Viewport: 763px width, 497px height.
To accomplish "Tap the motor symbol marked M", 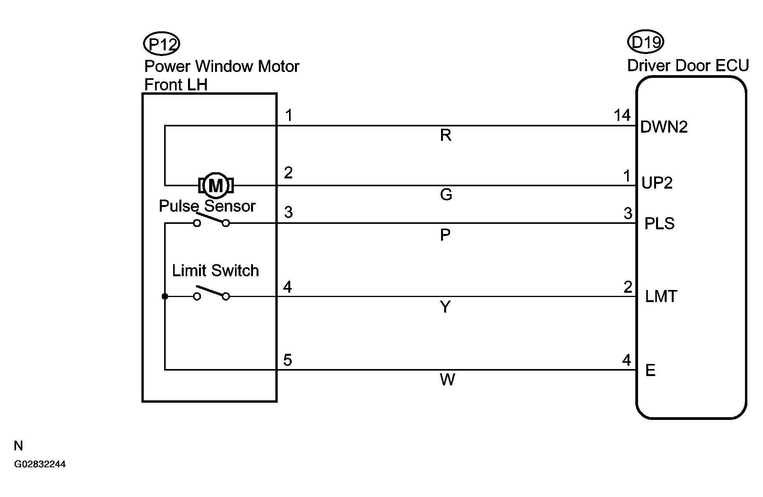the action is point(216,185).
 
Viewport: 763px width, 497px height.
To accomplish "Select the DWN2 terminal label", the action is point(664,127).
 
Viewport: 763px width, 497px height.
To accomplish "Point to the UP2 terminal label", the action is point(657,183).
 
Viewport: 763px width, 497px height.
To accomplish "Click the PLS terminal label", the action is point(660,223).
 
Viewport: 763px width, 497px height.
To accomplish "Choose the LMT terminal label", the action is point(661,297).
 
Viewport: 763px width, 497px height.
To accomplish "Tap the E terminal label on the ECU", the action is point(650,370).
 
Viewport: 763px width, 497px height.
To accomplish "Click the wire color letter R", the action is point(446,135).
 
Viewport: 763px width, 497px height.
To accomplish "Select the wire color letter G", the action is point(446,194).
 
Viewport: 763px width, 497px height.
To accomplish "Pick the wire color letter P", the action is point(445,235).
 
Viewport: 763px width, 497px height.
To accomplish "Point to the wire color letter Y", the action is point(445,307).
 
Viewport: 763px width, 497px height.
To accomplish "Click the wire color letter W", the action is point(447,380).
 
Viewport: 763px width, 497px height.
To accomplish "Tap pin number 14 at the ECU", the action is point(622,115).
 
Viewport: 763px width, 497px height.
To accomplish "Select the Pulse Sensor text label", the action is point(207,206).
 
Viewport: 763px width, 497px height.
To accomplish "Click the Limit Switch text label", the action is point(215,271).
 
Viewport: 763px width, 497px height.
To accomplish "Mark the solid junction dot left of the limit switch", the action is point(165,297).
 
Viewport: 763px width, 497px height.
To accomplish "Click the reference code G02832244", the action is point(40,465).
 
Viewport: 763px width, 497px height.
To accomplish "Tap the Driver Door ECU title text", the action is point(688,66).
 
